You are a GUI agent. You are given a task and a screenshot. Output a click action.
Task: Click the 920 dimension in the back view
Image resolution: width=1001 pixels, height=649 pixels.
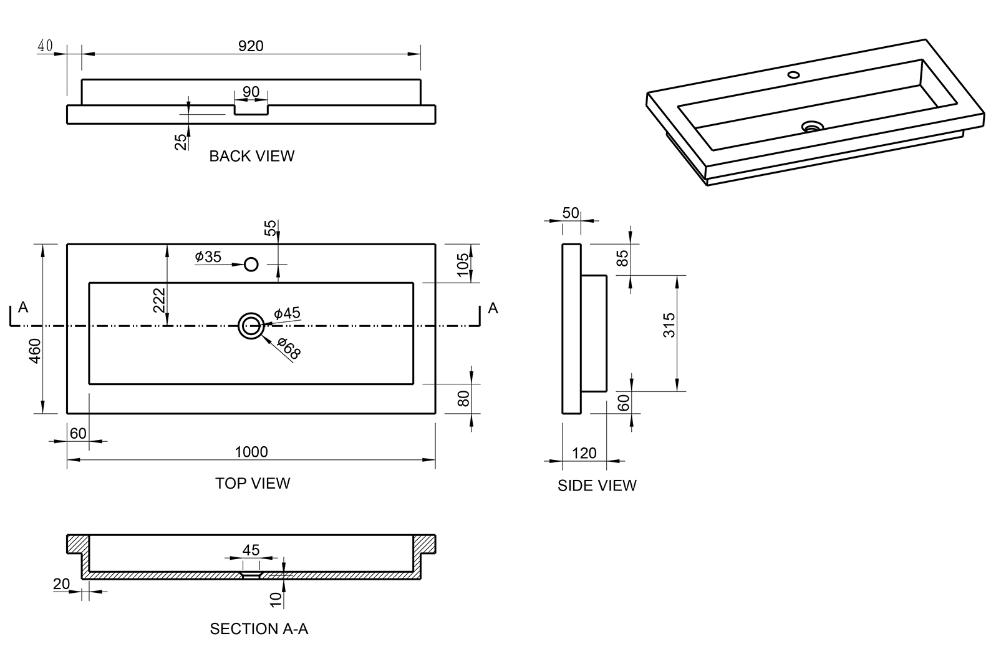(251, 46)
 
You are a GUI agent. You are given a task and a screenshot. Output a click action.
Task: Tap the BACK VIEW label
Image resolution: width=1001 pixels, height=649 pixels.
(251, 156)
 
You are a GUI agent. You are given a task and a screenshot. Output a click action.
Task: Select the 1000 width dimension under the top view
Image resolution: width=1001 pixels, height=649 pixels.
(251, 452)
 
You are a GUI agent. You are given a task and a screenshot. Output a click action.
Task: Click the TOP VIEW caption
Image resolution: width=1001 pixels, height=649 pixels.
(253, 483)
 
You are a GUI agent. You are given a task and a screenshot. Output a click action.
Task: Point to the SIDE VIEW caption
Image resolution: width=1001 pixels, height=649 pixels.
(597, 486)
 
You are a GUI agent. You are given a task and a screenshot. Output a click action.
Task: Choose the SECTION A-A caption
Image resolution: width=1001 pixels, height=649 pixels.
(259, 628)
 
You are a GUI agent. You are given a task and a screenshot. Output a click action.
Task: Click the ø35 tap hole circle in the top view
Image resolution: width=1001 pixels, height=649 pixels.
(251, 265)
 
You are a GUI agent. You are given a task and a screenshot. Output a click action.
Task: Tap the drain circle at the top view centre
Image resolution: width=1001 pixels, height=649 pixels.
(251, 326)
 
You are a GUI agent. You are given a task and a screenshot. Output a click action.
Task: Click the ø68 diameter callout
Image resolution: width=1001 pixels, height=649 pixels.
(289, 348)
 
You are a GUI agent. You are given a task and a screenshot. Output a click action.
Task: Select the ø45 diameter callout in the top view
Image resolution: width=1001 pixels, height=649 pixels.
(287, 313)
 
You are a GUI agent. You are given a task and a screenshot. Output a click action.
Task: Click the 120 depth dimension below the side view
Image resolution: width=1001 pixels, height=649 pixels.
(584, 453)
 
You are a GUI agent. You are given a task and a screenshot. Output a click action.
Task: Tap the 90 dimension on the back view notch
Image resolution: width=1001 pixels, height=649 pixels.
(251, 92)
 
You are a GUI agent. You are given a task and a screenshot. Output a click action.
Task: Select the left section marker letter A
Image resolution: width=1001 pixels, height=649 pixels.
(23, 307)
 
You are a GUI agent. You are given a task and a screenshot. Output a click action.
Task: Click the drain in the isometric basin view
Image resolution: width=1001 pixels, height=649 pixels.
(812, 127)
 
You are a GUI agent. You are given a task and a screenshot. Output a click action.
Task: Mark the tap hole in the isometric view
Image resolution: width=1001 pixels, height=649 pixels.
(793, 75)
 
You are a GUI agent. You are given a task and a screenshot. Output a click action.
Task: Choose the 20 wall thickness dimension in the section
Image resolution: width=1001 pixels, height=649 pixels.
(61, 583)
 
